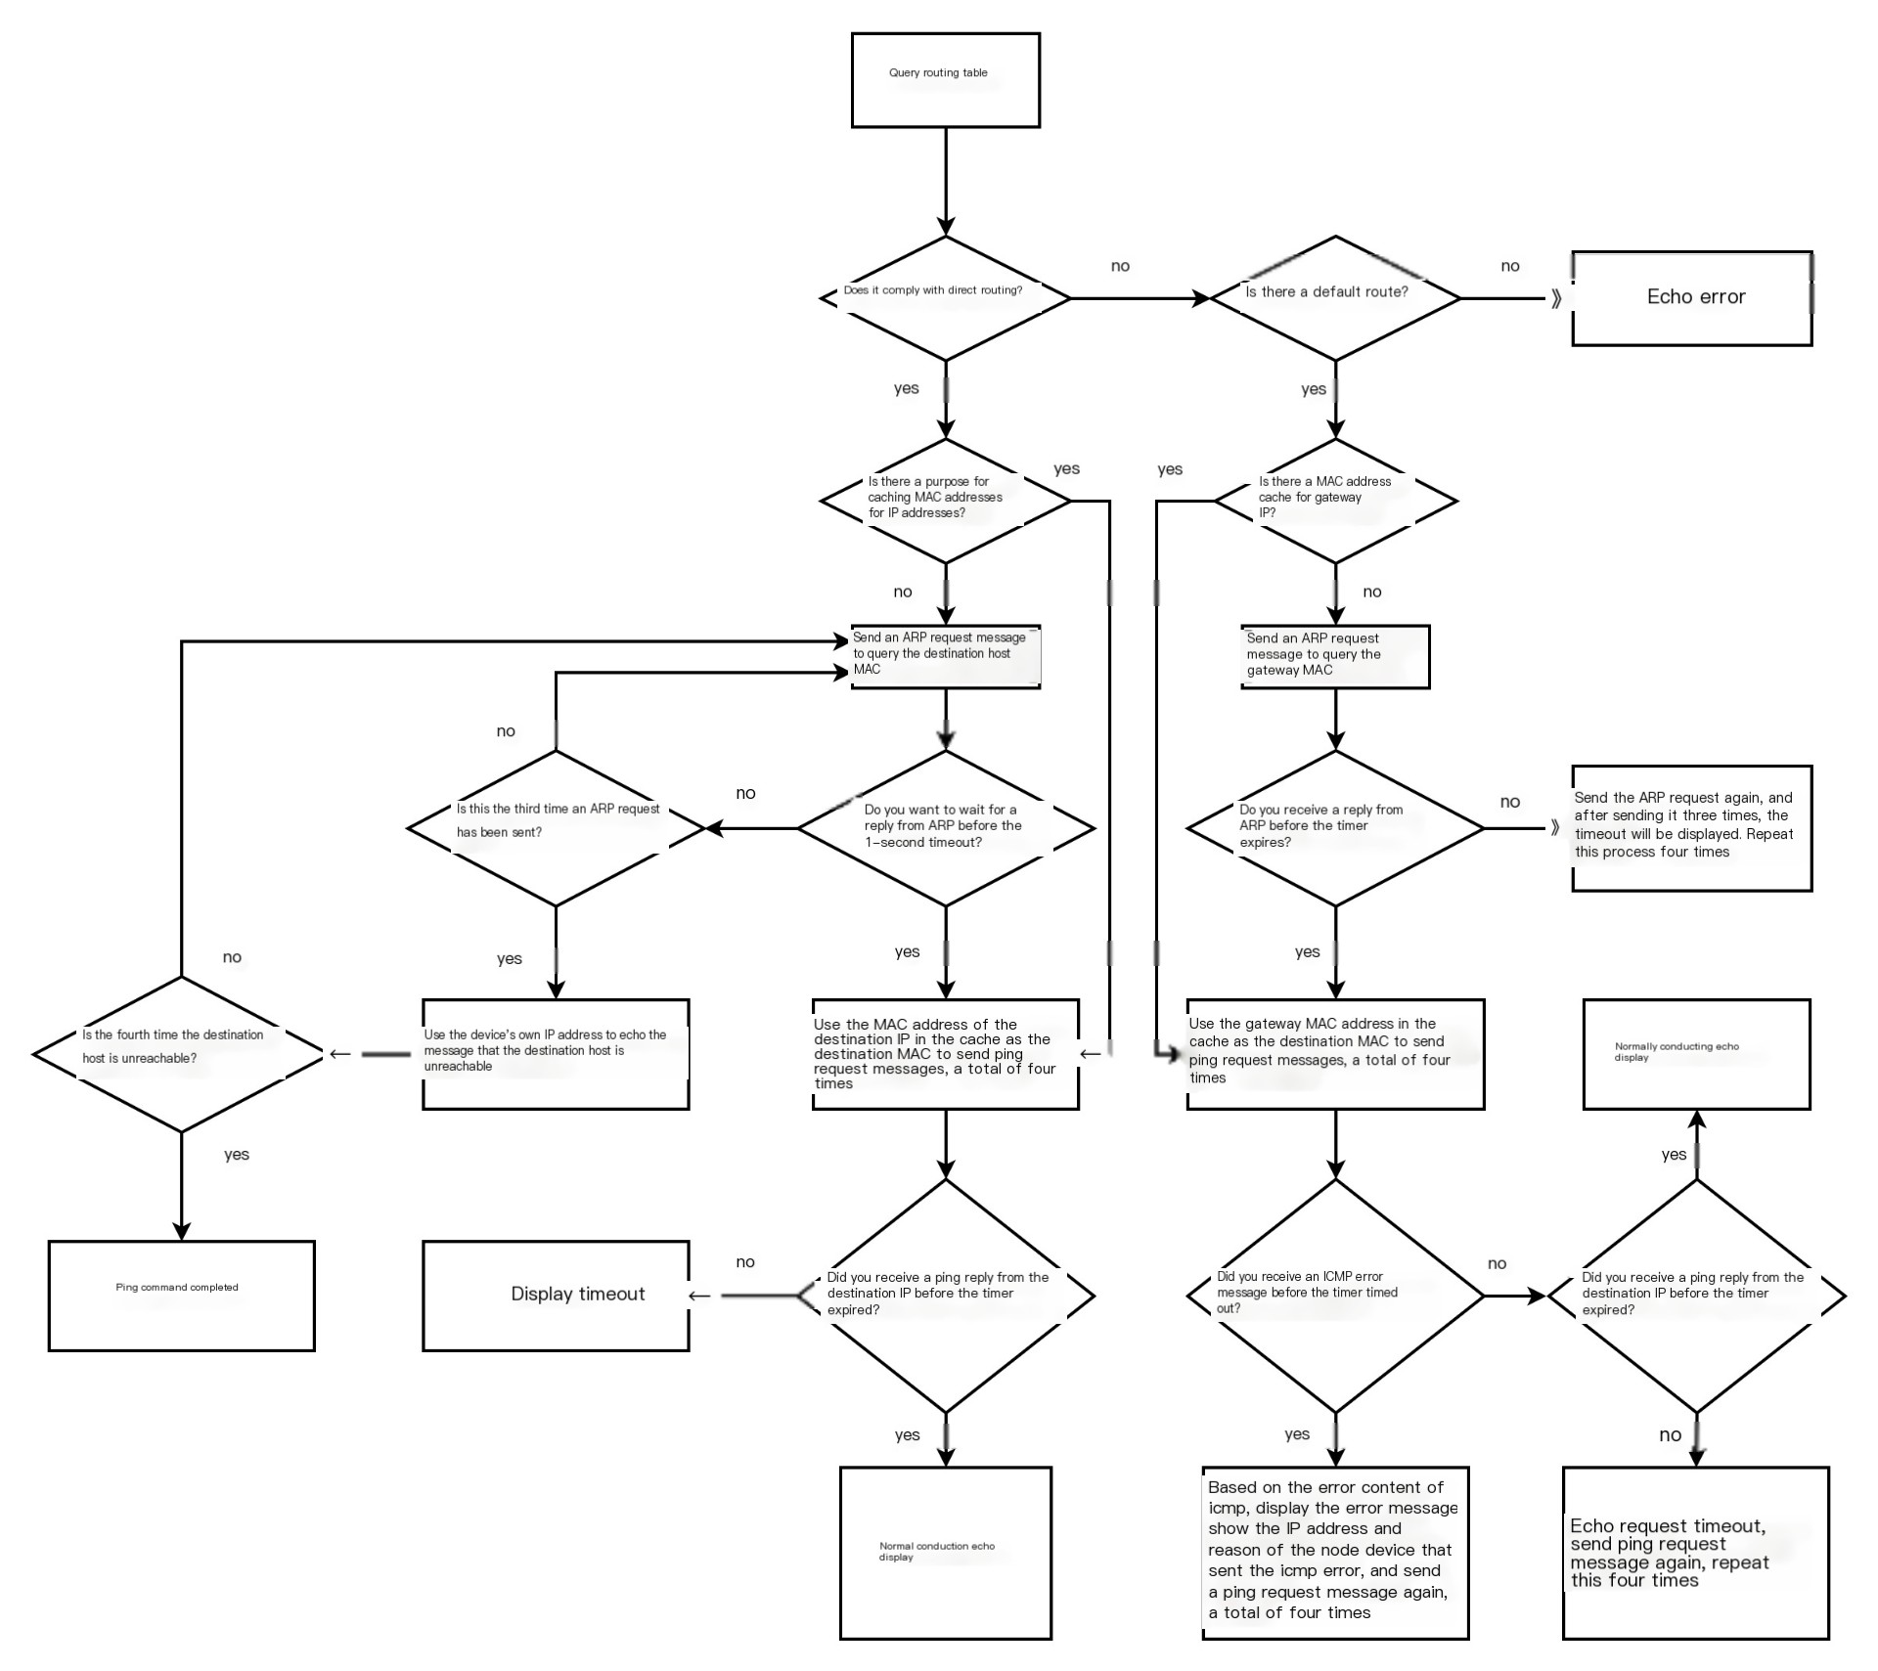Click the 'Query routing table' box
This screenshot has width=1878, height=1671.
tap(945, 80)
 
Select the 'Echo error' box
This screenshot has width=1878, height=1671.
tap(1691, 298)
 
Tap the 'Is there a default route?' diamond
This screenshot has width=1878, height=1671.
tap(1335, 298)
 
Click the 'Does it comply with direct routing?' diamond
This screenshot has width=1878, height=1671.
tap(945, 298)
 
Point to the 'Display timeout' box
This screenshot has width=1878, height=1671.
tap(556, 1296)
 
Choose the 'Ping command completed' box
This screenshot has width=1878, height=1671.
tap(181, 1296)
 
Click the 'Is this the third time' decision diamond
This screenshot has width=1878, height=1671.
tap(556, 828)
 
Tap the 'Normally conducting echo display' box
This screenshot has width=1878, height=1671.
tap(1696, 1054)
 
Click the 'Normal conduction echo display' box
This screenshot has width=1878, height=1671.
tap(945, 1553)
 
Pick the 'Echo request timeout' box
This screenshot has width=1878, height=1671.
tap(1695, 1553)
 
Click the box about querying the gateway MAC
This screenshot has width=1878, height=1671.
tap(1335, 657)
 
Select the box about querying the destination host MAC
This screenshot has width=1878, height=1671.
tap(945, 657)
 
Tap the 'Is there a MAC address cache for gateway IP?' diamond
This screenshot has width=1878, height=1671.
tap(1335, 501)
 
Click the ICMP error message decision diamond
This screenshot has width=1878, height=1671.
tap(1335, 1296)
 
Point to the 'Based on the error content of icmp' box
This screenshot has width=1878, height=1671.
tap(1335, 1553)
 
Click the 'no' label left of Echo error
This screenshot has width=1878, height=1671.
tap(1510, 266)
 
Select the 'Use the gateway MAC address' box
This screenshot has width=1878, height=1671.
tap(1335, 1054)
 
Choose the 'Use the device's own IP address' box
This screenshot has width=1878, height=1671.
tap(556, 1054)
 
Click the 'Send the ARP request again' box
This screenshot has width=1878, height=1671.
tap(1691, 828)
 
